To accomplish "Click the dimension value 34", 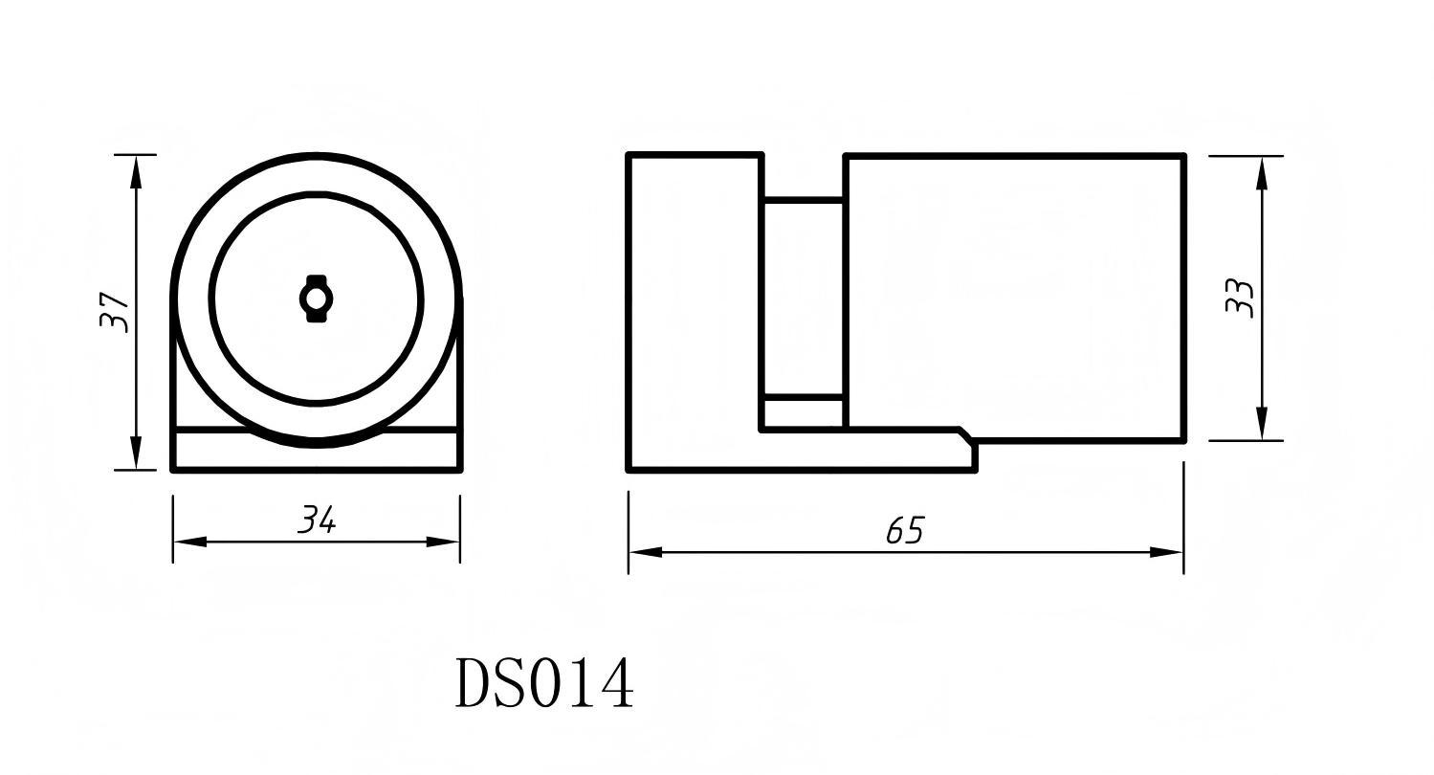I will (317, 520).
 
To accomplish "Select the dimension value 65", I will (905, 530).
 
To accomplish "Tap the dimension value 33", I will (1239, 298).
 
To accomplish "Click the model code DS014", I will (543, 682).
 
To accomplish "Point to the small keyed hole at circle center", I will (316, 299).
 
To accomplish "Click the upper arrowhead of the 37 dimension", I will (136, 170).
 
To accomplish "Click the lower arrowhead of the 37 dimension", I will (136, 454).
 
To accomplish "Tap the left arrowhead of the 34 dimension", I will (189, 542).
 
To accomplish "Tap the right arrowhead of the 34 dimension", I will (444, 542).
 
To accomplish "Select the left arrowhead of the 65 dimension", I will (645, 552).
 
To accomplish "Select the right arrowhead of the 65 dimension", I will (1167, 552).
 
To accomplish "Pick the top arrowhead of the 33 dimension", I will (1263, 172).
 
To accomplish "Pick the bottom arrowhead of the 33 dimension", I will (1263, 424).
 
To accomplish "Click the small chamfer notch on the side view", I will (966, 435).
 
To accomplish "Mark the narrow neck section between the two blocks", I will (803, 297).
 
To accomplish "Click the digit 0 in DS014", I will (544, 682).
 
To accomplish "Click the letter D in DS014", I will (473, 682).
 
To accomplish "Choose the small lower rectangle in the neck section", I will (803, 412).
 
